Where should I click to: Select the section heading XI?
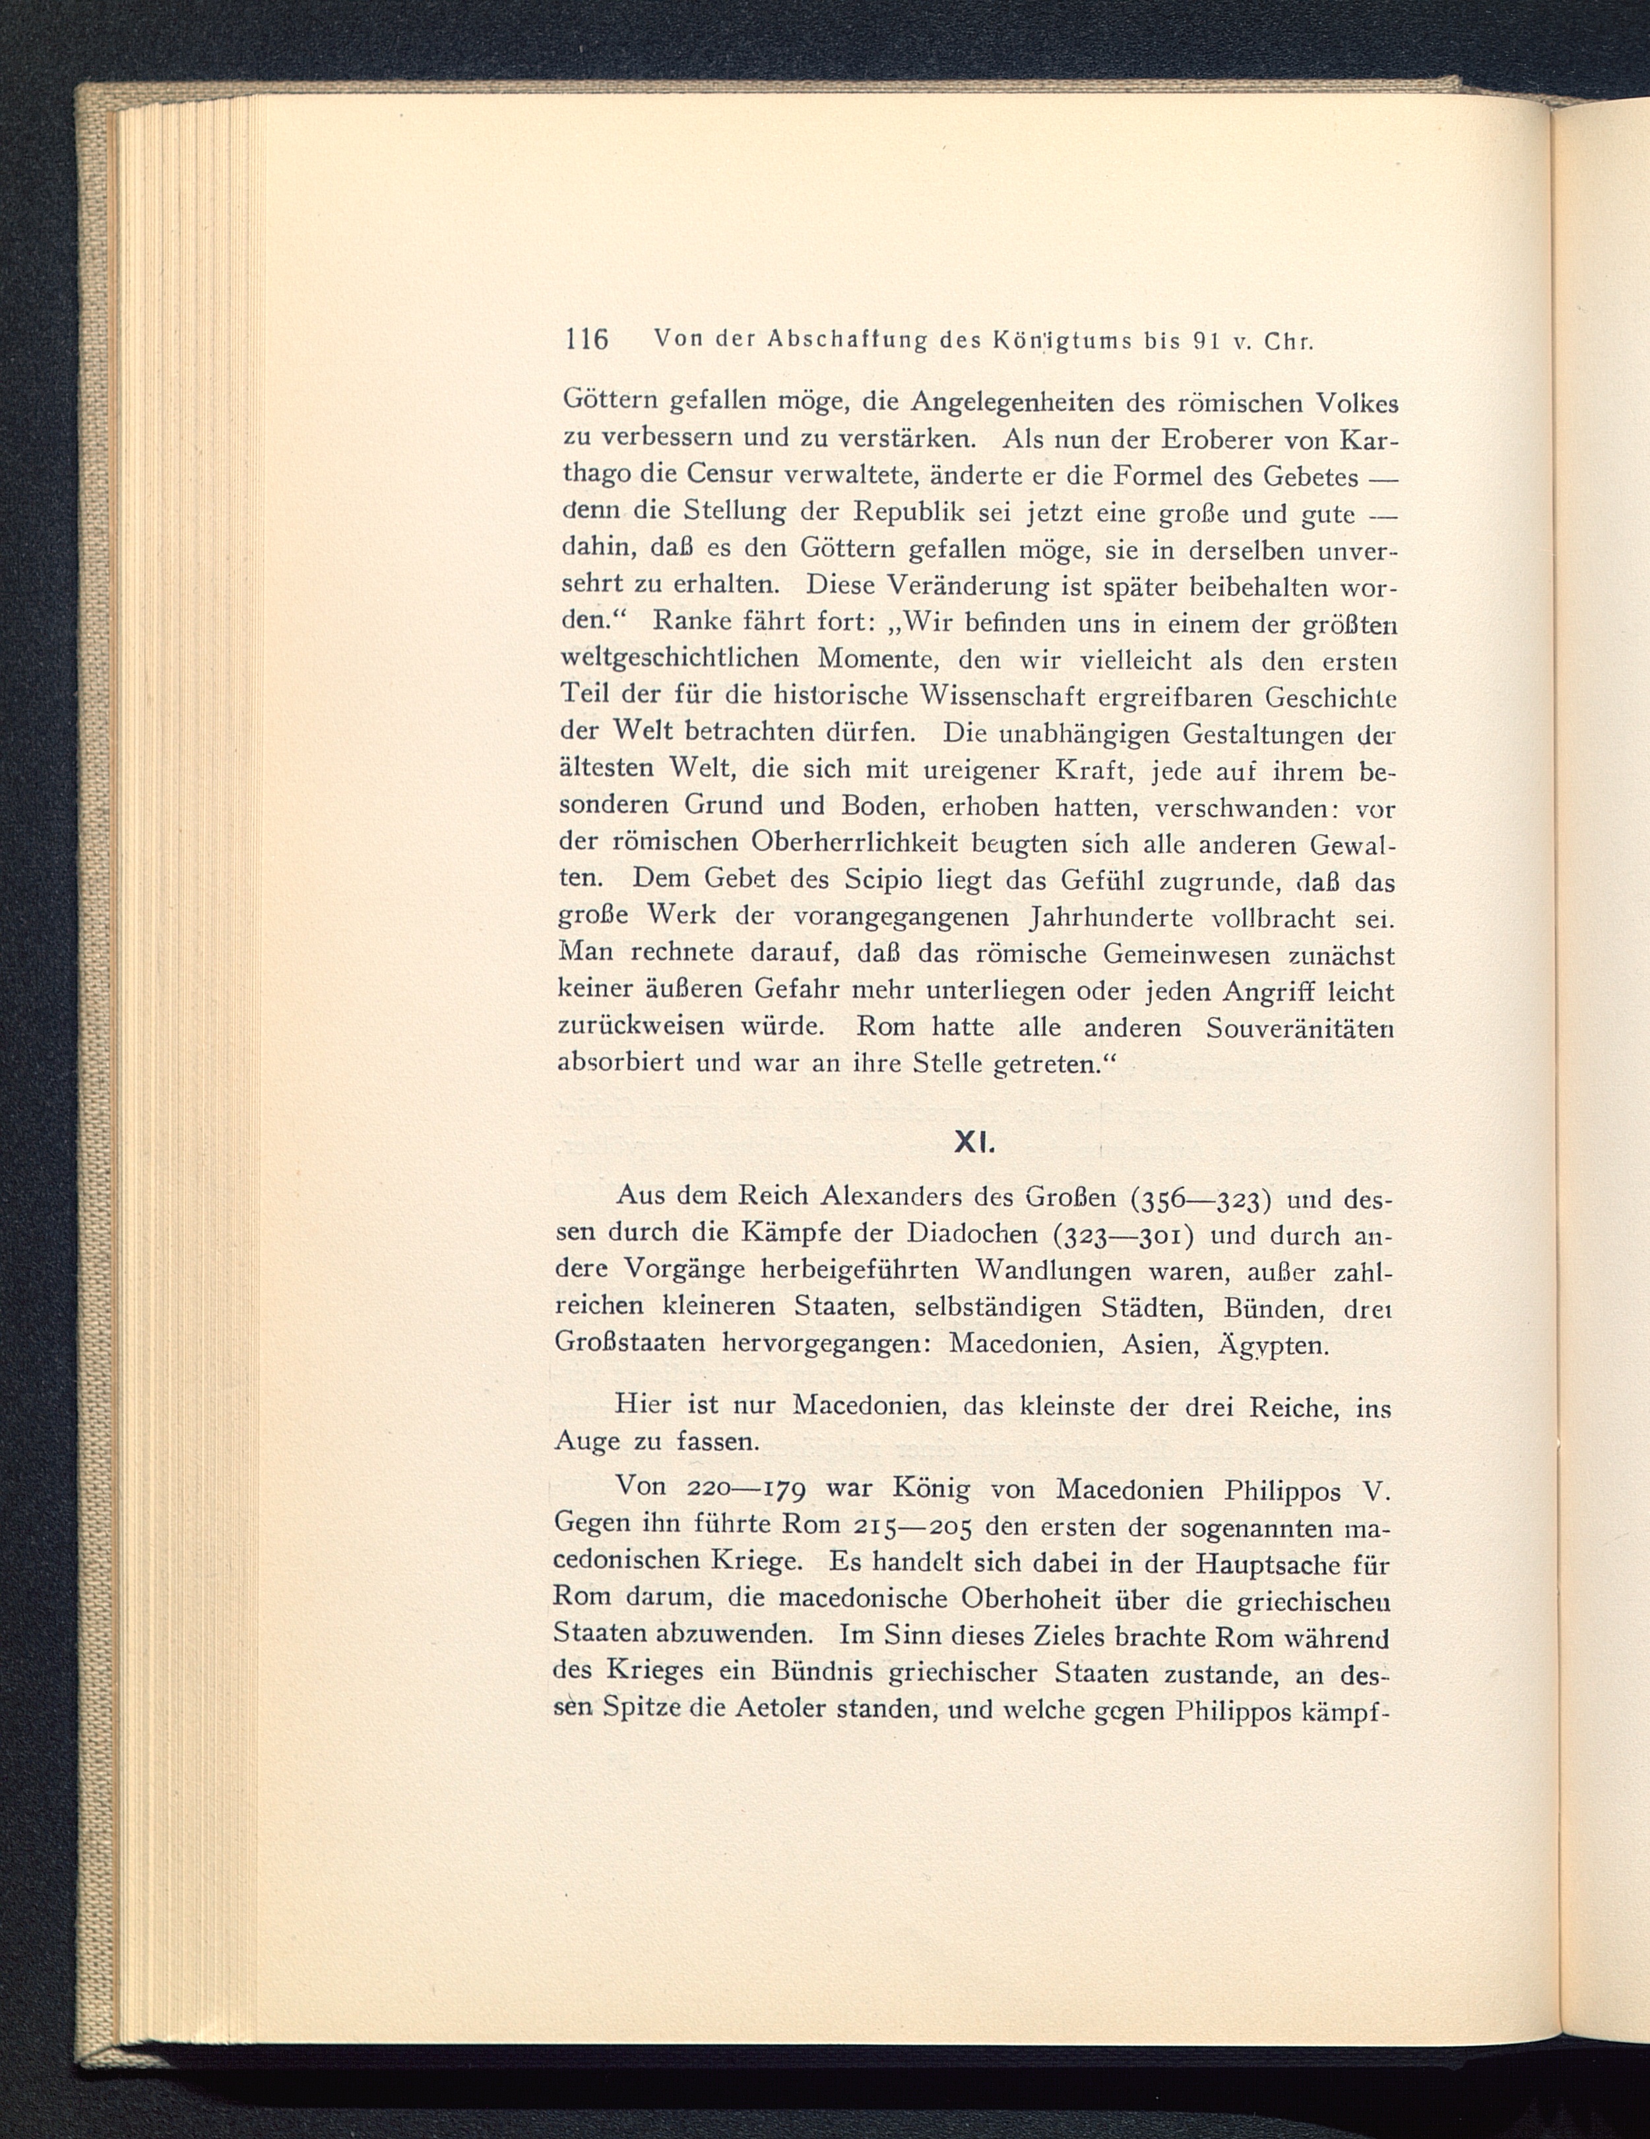coord(974,1142)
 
